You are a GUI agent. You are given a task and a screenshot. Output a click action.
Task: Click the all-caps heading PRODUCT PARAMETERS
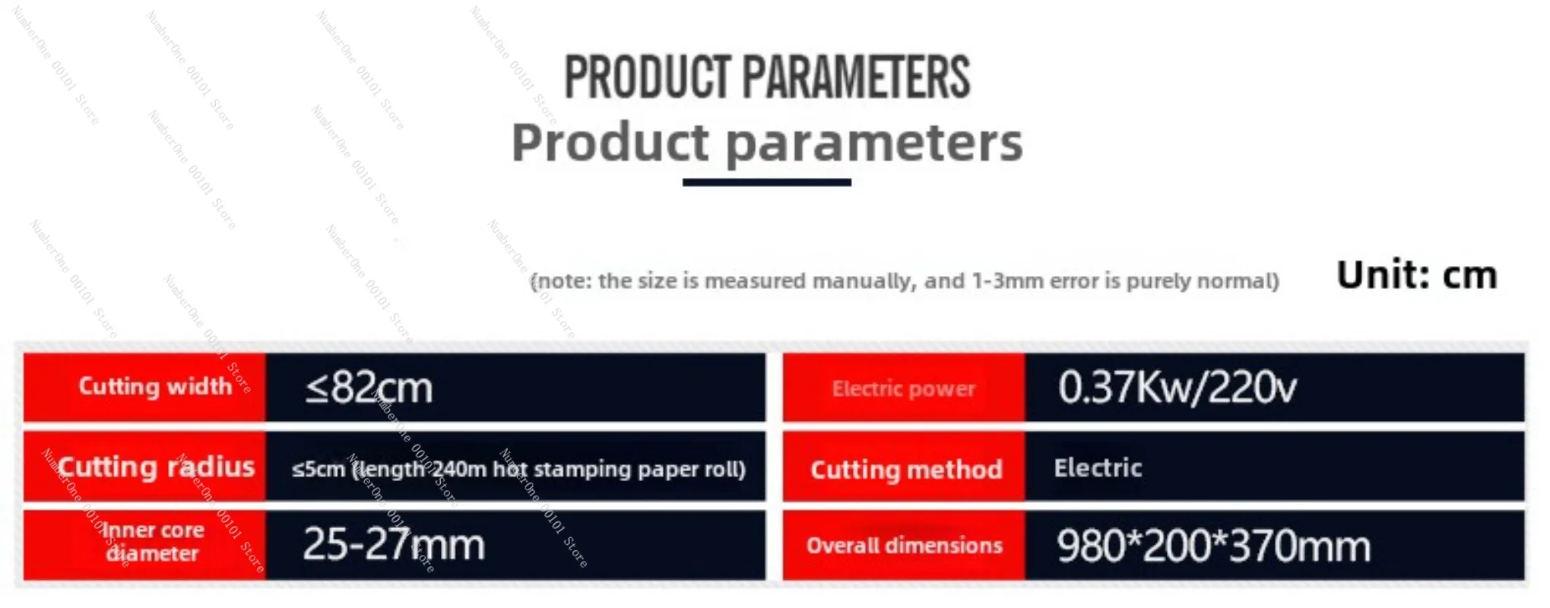pos(767,78)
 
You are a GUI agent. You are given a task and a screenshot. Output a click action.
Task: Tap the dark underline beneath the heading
pos(766,182)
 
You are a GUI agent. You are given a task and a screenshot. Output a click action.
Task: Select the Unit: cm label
pos(1417,274)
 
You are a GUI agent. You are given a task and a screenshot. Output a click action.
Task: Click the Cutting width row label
pos(155,386)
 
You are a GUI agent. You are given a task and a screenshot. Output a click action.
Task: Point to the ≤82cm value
pos(369,388)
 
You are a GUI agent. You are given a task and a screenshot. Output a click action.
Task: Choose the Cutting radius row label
pos(157,467)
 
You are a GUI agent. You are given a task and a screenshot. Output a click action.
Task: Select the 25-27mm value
pos(394,544)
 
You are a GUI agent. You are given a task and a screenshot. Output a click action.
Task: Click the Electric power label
pos(903,388)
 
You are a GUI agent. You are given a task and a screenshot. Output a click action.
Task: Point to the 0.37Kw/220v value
pos(1178,387)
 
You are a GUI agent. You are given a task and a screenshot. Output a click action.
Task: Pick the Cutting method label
pos(906,470)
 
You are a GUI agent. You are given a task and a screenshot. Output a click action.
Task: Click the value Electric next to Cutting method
pos(1098,467)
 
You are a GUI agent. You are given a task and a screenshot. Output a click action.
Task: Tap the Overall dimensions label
pos(904,545)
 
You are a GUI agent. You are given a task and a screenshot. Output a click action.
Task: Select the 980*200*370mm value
pos(1213,546)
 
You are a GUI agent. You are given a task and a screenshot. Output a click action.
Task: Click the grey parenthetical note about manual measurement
pos(905,281)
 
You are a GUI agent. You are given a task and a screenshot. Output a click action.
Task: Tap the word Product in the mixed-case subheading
pos(610,141)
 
